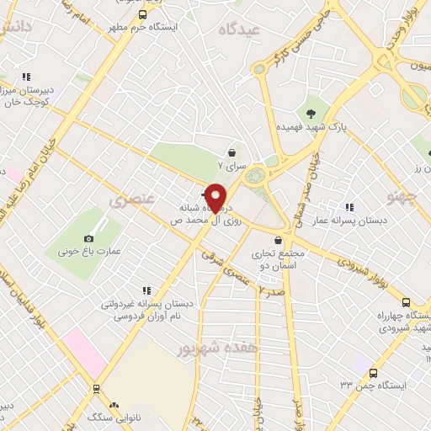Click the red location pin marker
pos(216,197)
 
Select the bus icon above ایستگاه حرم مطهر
pos(141,14)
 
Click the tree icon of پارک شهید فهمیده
pos(313,113)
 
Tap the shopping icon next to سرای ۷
pos(231,152)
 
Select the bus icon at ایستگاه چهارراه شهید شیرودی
pos(406,302)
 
